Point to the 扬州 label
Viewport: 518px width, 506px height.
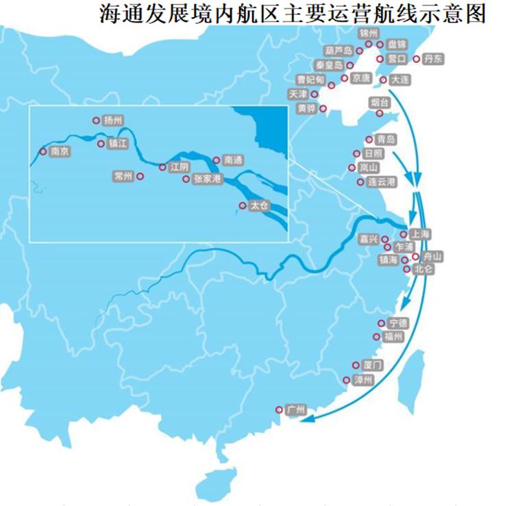click(112, 120)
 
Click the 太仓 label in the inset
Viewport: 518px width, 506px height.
click(260, 205)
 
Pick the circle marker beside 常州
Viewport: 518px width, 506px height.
click(140, 176)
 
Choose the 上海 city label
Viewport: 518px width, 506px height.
click(421, 234)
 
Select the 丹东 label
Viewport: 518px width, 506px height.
click(433, 59)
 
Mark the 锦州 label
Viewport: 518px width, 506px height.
click(369, 32)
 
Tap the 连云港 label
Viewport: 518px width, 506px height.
click(382, 181)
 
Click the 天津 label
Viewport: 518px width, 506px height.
click(298, 94)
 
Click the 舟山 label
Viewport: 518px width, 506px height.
click(433, 256)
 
